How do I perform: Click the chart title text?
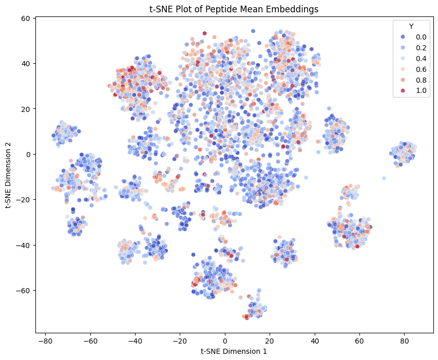tap(234, 9)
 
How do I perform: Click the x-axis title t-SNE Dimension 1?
tap(234, 351)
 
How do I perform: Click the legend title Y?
tap(411, 27)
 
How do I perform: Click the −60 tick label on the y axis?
tap(24, 291)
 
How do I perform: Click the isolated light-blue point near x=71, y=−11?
tap(384, 178)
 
